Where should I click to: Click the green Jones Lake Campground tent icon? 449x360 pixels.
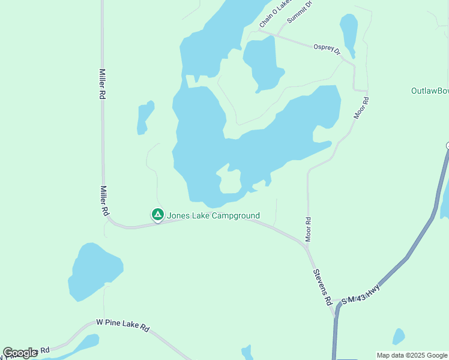point(157,214)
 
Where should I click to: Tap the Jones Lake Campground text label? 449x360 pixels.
point(213,215)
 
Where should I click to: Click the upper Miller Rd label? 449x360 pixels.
point(103,83)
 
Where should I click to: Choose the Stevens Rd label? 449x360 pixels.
point(322,286)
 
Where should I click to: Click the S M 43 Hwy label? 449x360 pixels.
point(361,293)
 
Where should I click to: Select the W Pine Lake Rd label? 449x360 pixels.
point(122,325)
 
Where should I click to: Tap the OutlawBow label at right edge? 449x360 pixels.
point(430,91)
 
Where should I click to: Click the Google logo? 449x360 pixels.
point(20,353)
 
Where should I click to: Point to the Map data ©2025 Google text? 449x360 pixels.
point(412,355)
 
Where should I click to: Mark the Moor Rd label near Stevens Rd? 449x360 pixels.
point(308,229)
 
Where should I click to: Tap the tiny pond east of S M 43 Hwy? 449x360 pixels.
point(399,336)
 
